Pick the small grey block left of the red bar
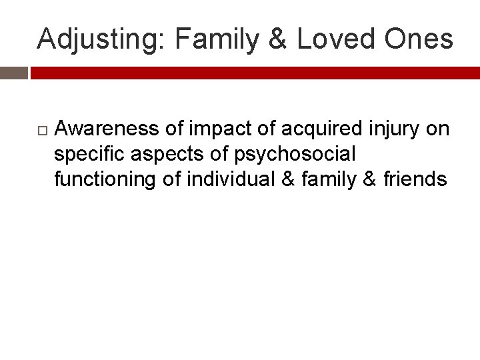pyautogui.click(x=13, y=73)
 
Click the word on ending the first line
pyautogui.click(x=437, y=129)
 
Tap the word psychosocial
pyautogui.click(x=295, y=155)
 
